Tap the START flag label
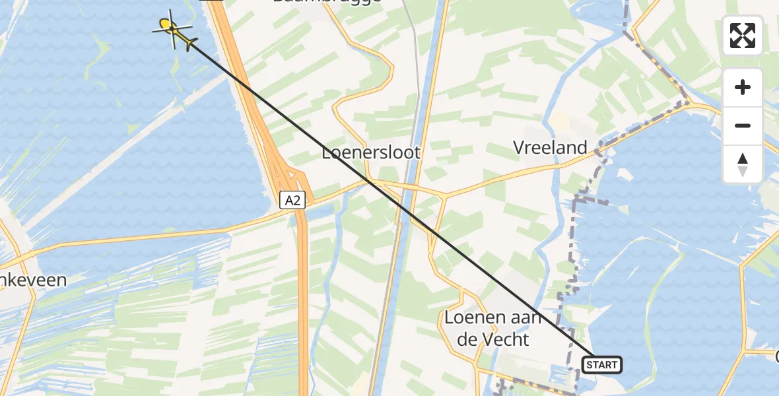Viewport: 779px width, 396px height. click(x=601, y=364)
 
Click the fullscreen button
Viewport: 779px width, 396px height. click(x=743, y=36)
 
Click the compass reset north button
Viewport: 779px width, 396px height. click(x=743, y=164)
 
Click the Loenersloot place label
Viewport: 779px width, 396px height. click(x=371, y=152)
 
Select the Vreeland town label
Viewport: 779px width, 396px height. click(x=550, y=147)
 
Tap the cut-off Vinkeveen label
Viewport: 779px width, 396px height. click(x=33, y=280)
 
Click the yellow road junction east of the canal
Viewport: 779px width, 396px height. click(x=444, y=196)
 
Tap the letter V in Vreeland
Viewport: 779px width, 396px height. click(x=520, y=148)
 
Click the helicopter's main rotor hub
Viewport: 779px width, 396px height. click(x=172, y=28)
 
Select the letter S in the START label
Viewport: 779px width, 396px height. click(x=587, y=365)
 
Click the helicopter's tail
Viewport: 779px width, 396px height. click(x=191, y=44)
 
